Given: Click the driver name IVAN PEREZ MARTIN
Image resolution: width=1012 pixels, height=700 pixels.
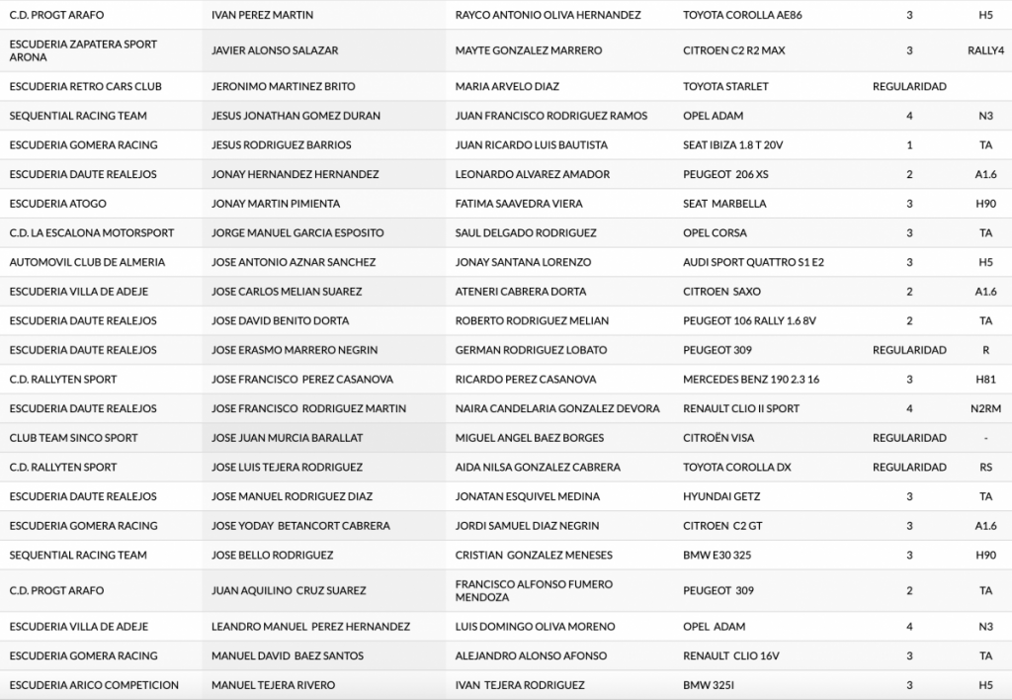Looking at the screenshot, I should click(x=263, y=15).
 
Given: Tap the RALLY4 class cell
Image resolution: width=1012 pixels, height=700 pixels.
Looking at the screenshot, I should click(x=985, y=50).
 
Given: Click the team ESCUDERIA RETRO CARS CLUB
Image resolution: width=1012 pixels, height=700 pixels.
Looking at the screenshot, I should click(x=85, y=86).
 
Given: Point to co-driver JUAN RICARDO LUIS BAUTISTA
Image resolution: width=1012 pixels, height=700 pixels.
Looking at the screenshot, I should click(x=531, y=144).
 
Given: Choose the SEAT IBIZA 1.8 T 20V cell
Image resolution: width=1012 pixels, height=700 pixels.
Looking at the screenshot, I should click(x=732, y=144).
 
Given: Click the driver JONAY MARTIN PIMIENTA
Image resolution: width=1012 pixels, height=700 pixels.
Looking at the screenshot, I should click(x=276, y=204).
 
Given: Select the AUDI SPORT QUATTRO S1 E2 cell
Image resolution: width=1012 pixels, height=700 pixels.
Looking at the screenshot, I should click(x=753, y=262).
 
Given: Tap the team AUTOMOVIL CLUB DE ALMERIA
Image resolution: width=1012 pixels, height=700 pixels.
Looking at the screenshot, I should click(x=87, y=262).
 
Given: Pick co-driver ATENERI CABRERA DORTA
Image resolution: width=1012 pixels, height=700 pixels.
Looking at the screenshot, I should click(x=520, y=292).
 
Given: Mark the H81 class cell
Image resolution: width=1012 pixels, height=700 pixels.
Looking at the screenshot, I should click(x=985, y=379).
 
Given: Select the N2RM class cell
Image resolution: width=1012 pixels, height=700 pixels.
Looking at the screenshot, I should click(x=985, y=408).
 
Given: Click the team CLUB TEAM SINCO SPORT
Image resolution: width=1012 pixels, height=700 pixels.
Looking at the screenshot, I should click(x=73, y=438).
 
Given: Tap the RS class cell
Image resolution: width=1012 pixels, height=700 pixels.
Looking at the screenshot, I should click(x=985, y=467).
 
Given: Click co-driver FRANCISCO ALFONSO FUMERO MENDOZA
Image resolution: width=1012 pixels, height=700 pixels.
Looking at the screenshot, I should click(x=534, y=590).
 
